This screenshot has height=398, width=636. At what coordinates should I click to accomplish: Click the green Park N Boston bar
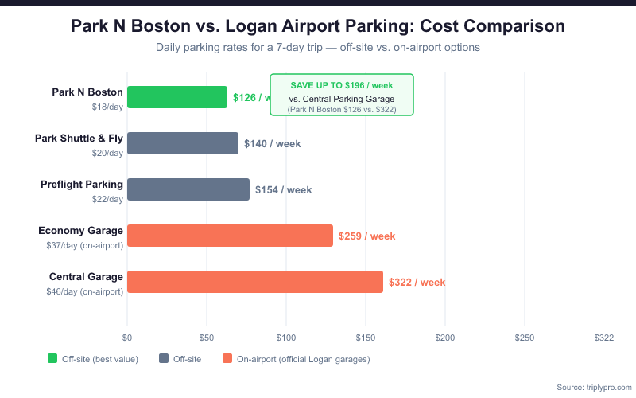click(176, 97)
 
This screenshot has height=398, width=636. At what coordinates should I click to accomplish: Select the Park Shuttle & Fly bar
click(182, 143)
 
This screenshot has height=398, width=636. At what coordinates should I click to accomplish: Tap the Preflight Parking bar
click(188, 189)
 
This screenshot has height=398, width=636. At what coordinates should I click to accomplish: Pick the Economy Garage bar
click(230, 236)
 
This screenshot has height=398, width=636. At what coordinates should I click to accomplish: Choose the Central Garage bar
click(254, 282)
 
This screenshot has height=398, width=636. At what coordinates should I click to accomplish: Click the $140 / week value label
click(273, 144)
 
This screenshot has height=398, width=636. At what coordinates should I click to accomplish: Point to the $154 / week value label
click(284, 190)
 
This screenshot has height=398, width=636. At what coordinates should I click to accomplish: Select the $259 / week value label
click(366, 236)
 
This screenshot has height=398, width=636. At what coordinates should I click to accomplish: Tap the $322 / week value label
click(417, 283)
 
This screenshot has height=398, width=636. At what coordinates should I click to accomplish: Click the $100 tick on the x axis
click(286, 338)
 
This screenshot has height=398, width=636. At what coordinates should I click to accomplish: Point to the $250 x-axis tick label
click(525, 338)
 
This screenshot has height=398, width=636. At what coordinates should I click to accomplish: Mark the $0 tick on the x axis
click(127, 338)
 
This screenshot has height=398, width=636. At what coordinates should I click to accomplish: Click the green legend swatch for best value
click(53, 359)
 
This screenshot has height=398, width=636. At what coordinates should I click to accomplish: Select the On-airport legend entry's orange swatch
click(228, 359)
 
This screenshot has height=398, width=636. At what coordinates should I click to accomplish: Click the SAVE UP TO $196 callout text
click(342, 84)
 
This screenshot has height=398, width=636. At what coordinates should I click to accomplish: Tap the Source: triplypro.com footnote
click(594, 387)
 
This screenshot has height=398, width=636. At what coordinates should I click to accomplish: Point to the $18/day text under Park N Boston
click(107, 107)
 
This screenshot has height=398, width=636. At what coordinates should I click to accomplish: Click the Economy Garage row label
click(81, 231)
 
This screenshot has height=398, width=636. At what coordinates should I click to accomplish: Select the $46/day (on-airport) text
click(85, 291)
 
